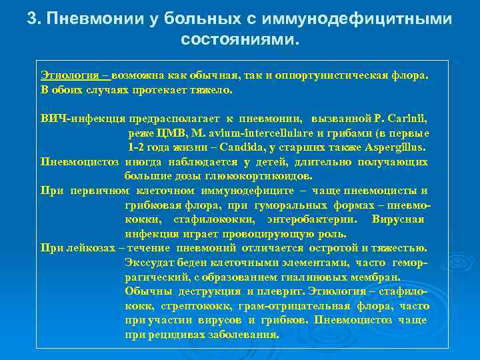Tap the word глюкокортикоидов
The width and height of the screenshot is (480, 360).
pos(267,176)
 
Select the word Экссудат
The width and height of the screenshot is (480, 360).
pos(150,262)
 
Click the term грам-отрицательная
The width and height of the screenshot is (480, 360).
pos(302,305)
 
